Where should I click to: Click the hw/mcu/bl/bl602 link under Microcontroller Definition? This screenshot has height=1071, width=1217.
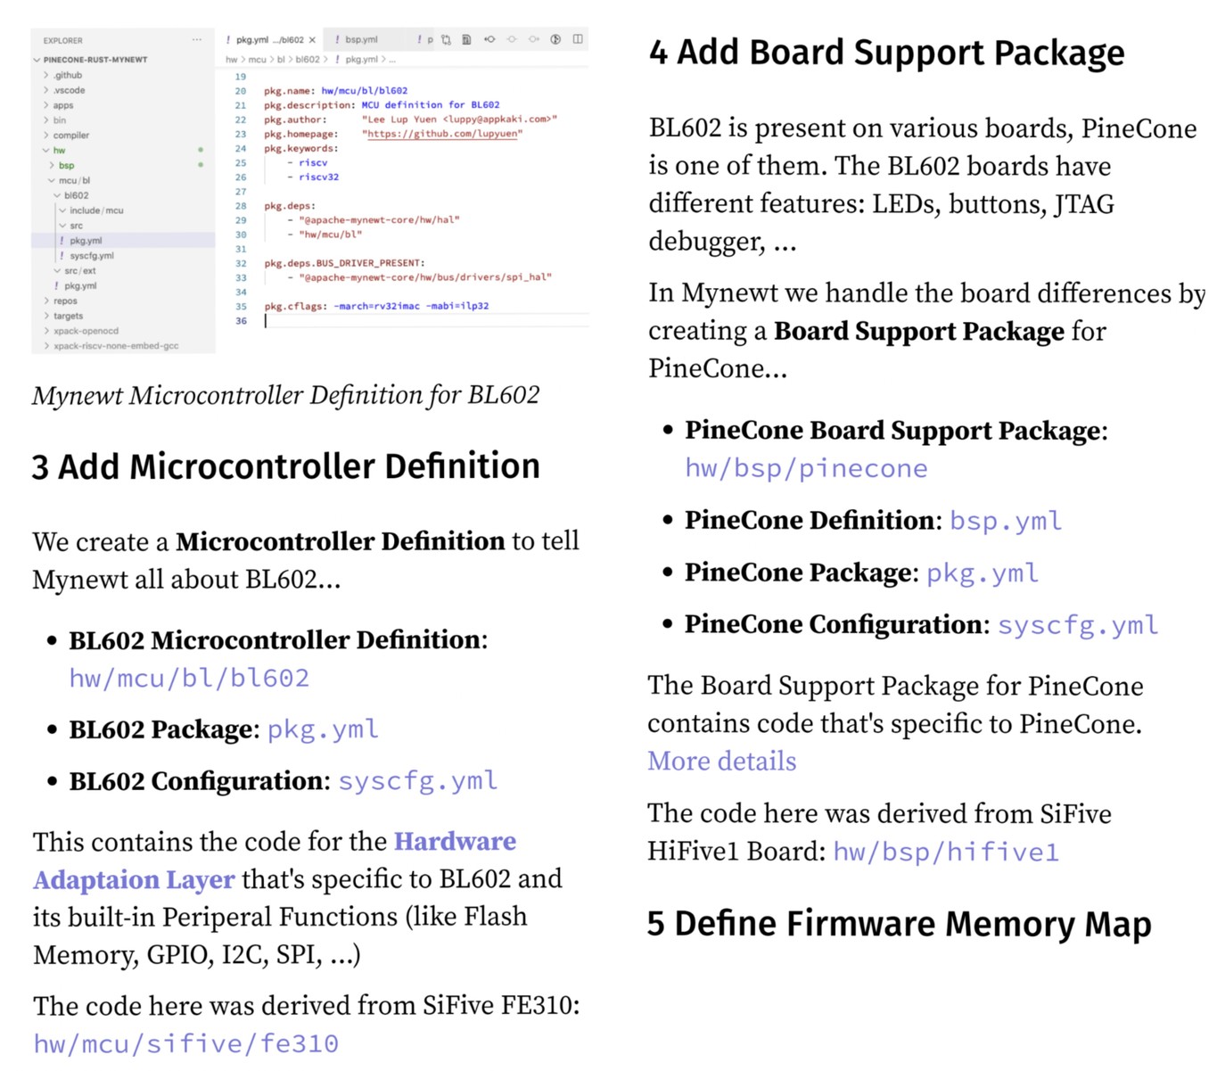[189, 679]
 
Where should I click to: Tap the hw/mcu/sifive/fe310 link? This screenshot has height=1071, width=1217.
[185, 1043]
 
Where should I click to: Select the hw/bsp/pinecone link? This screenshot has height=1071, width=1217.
[806, 469]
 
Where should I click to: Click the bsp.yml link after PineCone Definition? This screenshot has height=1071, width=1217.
[1006, 521]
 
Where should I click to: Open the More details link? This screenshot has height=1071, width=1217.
[721, 762]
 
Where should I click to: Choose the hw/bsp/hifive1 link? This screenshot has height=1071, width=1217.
[946, 853]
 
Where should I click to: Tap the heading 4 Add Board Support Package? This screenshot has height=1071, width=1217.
[886, 53]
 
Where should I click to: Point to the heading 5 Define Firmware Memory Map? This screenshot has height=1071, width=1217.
[899, 924]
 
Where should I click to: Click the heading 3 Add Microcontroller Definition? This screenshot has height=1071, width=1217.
[285, 466]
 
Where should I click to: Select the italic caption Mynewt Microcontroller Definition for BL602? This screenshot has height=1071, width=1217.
[285, 395]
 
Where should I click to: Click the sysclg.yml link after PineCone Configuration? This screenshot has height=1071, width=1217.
[1078, 625]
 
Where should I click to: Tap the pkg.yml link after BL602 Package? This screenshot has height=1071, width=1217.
[323, 729]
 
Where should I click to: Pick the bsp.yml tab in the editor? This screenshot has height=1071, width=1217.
[361, 40]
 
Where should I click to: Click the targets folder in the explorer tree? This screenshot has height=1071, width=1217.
[68, 316]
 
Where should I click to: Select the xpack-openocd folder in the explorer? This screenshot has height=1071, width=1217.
[86, 331]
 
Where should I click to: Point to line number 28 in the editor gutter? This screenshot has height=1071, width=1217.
[241, 206]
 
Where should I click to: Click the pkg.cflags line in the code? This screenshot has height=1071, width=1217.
[375, 306]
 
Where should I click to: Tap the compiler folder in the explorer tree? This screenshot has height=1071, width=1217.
[71, 136]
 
